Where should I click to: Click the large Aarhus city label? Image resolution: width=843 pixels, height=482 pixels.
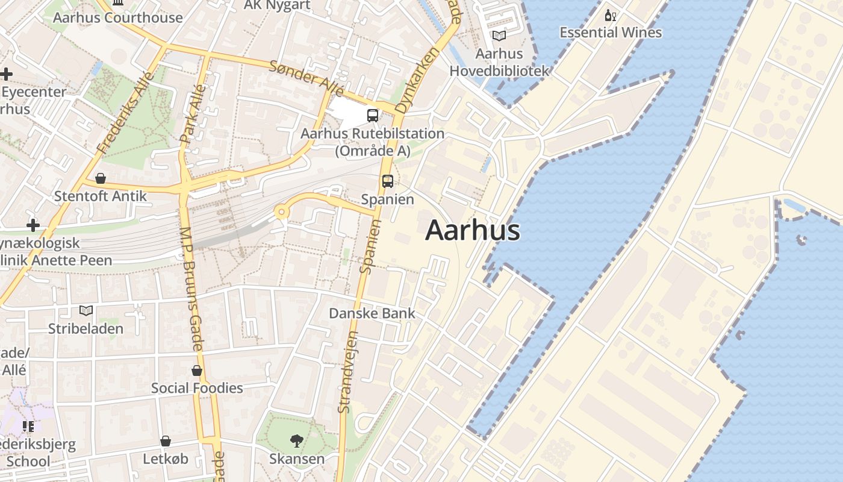[473, 231]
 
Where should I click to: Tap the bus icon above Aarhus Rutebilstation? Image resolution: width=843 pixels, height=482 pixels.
[373, 116]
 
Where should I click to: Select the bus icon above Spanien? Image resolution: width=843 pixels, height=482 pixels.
[388, 181]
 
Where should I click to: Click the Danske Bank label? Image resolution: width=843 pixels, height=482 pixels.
[372, 313]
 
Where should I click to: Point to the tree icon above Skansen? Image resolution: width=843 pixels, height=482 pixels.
[296, 441]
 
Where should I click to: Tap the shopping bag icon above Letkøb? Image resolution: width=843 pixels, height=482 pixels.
[165, 442]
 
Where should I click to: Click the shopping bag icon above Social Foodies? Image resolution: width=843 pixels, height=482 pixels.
[197, 370]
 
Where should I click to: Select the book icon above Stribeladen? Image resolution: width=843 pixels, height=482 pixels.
[86, 311]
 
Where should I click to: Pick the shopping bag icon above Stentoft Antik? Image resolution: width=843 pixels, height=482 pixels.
[101, 178]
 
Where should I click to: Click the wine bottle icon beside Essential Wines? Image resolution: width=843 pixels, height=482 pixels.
[611, 15]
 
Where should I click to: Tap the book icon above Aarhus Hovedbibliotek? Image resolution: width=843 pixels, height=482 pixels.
[499, 36]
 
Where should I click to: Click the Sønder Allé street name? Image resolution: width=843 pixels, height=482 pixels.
[306, 78]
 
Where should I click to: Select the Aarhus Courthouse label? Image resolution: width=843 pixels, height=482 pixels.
[117, 17]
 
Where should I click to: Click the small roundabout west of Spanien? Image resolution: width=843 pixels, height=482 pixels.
[281, 211]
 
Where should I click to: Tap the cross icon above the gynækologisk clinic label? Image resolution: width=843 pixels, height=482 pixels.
[33, 225]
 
